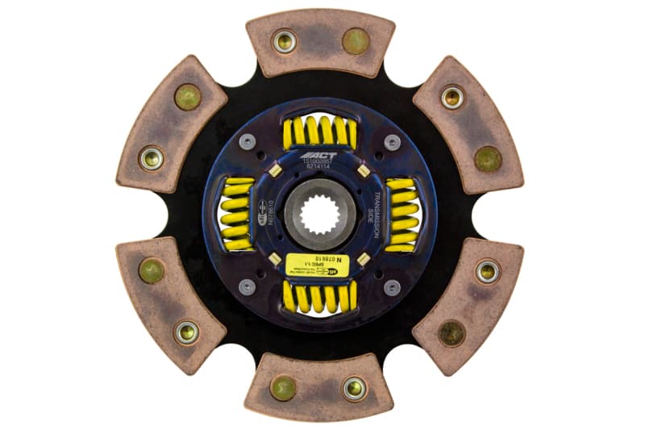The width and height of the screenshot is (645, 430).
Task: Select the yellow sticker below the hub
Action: pyautogui.click(x=318, y=265)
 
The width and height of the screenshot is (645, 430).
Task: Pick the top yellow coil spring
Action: pyautogui.click(x=319, y=131)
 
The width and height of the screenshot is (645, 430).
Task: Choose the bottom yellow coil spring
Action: pyautogui.click(x=319, y=298)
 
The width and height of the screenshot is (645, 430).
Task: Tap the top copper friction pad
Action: pyautogui.click(x=320, y=43)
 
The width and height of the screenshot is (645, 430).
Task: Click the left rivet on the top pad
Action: pyautogui.click(x=284, y=41)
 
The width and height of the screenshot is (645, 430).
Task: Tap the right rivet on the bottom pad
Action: pyautogui.click(x=355, y=388)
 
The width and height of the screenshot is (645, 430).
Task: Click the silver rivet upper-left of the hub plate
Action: pyautogui.click(x=248, y=142)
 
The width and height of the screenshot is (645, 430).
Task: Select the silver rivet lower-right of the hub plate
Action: pyautogui.click(x=392, y=287)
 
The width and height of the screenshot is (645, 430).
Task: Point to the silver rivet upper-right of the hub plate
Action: pyautogui.click(x=392, y=142)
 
